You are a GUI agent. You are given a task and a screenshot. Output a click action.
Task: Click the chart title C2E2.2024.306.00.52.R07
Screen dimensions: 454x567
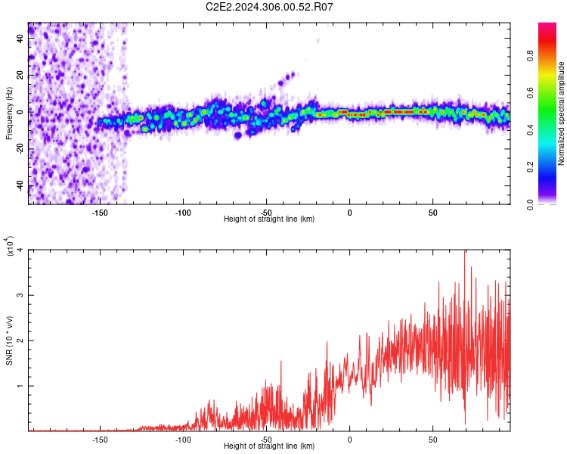(x=269, y=7)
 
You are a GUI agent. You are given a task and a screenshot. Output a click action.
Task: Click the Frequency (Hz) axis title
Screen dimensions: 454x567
(x=9, y=113)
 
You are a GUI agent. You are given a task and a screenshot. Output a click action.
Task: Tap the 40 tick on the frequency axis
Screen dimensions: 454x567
(x=20, y=39)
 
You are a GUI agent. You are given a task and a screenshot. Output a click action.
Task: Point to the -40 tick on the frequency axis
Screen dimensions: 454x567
(x=19, y=186)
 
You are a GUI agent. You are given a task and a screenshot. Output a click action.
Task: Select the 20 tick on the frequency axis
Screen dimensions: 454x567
(x=20, y=76)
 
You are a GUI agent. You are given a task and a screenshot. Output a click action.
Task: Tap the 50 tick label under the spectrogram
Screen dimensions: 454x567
(x=432, y=212)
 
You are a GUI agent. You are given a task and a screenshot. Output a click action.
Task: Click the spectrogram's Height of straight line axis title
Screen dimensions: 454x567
(x=269, y=219)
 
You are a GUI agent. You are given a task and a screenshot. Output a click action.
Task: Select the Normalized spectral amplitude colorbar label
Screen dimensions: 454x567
(x=562, y=113)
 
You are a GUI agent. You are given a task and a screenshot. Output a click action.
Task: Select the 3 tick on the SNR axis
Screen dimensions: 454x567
(x=20, y=295)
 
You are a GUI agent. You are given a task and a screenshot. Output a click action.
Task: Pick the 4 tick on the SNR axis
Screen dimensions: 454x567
(x=20, y=250)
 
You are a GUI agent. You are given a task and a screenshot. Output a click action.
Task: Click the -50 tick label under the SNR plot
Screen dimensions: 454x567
(x=266, y=439)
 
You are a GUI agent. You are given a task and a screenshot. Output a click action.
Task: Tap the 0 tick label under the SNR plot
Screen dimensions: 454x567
(x=349, y=439)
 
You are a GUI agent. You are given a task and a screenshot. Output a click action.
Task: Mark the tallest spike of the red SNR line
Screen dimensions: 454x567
(x=464, y=252)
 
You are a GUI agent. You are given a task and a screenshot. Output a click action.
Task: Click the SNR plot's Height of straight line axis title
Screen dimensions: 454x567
(x=269, y=446)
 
